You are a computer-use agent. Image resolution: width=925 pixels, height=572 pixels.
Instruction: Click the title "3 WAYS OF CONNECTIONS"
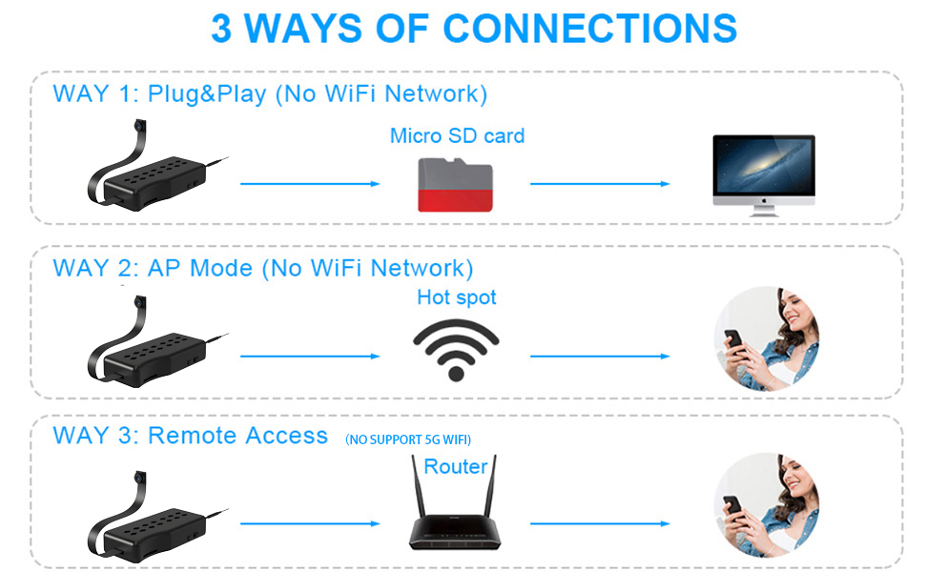[x=474, y=29]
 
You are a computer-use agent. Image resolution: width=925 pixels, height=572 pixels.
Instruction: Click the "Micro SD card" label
[x=457, y=135]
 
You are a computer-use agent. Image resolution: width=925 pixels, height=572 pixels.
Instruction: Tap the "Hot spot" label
[x=457, y=297]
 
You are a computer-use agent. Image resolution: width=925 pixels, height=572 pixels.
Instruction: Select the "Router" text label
[x=456, y=466]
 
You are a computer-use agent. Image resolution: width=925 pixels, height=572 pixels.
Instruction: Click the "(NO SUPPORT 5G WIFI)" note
[x=408, y=439]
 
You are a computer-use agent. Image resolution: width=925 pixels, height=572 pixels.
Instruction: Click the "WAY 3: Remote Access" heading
[x=191, y=436]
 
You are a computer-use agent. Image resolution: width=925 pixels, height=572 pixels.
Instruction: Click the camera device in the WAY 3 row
[x=153, y=520]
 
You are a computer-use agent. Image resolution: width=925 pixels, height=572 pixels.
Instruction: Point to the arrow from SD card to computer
[x=600, y=183]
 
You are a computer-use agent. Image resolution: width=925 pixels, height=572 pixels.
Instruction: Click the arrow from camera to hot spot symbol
[x=310, y=357]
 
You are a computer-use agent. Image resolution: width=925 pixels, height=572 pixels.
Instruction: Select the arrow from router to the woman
[x=600, y=523]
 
